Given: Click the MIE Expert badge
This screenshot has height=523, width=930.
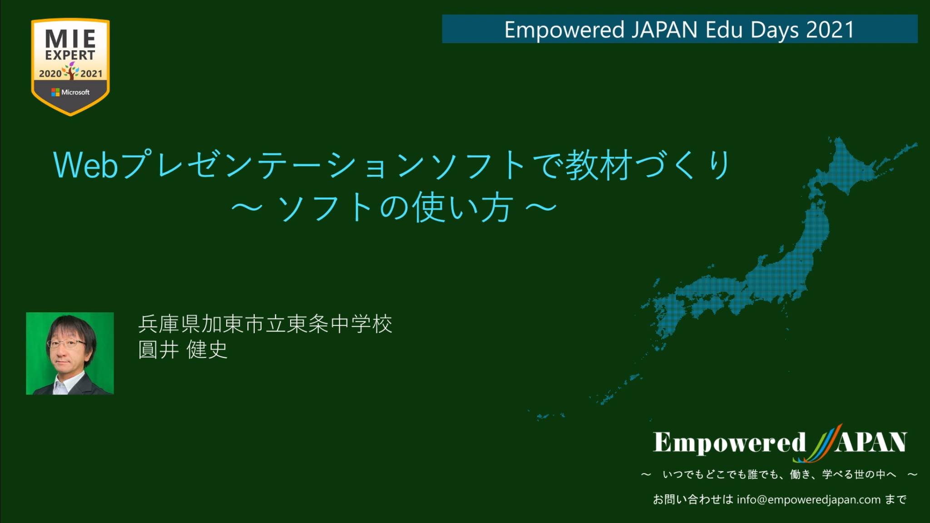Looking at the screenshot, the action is pyautogui.click(x=70, y=67).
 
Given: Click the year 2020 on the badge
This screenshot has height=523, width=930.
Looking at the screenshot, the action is pyautogui.click(x=50, y=74).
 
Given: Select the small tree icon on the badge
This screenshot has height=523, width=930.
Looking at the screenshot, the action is pyautogui.click(x=71, y=71).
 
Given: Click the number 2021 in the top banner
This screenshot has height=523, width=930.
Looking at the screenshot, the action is pyautogui.click(x=830, y=30).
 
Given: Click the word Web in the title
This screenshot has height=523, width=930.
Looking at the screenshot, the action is pyautogui.click(x=86, y=165).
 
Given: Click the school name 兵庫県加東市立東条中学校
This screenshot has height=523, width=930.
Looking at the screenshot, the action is pyautogui.click(x=265, y=324).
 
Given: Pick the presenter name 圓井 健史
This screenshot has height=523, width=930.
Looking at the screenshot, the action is pyautogui.click(x=183, y=350).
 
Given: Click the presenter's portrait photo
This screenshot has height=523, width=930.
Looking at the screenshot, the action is pyautogui.click(x=70, y=353).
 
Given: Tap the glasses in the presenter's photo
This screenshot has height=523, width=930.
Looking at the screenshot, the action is pyautogui.click(x=66, y=344).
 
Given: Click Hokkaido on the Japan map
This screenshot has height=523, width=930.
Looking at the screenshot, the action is pyautogui.click(x=854, y=163).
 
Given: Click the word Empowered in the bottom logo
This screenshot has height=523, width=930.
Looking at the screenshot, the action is pyautogui.click(x=729, y=443).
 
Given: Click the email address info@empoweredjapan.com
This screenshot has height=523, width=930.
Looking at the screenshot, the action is pyautogui.click(x=809, y=500).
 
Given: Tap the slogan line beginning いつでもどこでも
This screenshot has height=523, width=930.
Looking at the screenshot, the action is pyautogui.click(x=779, y=475).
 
